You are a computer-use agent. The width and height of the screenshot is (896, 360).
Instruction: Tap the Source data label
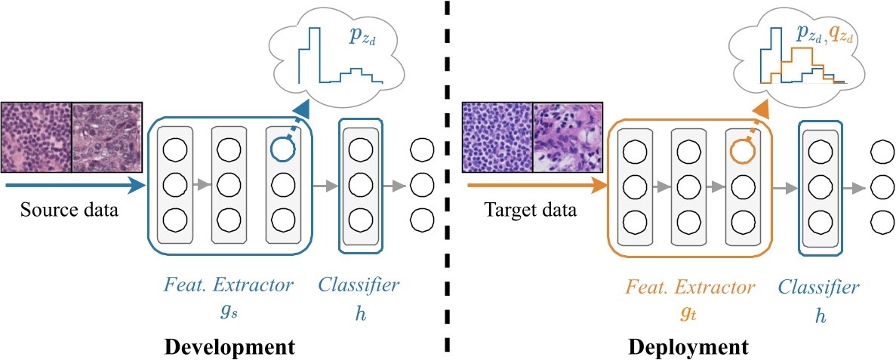(x=69, y=211)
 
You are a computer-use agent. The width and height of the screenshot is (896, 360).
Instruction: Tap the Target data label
(x=531, y=211)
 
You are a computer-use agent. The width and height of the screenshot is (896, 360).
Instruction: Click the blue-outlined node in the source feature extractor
(x=284, y=149)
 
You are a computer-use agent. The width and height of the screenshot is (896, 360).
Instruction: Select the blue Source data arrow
(x=75, y=185)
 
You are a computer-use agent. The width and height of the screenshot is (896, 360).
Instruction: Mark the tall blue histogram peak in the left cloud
(x=313, y=54)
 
